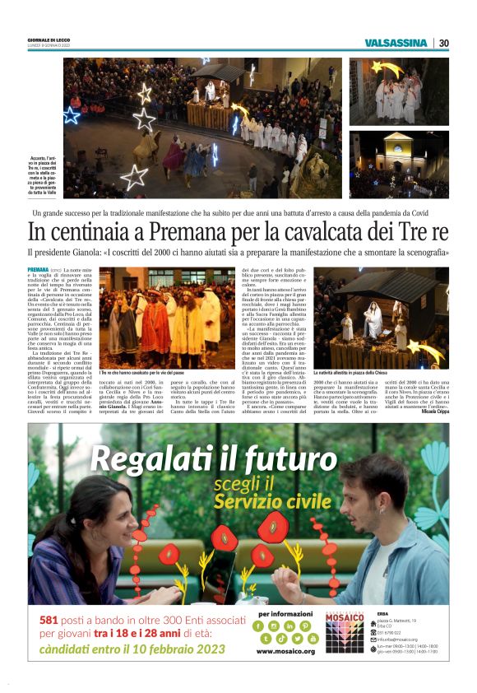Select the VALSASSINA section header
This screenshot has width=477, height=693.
tap(396, 43)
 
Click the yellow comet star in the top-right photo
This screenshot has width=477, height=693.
tap(380, 67)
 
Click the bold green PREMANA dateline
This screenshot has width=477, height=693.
tap(38, 269)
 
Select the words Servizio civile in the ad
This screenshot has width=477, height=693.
tap(273, 501)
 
